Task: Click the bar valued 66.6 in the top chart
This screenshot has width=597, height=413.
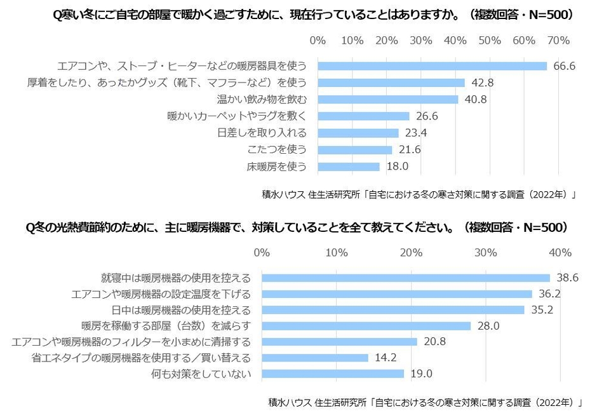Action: pyautogui.click(x=432, y=66)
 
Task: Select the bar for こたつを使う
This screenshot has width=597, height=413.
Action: pyautogui.click(x=354, y=150)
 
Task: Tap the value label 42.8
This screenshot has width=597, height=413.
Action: pyautogui.click(x=482, y=83)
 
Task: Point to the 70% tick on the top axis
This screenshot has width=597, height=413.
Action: pyautogui.click(x=558, y=41)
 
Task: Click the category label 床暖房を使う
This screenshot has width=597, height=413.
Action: pyautogui.click(x=276, y=167)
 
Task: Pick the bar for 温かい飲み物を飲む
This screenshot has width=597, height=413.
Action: pyautogui.click(x=387, y=100)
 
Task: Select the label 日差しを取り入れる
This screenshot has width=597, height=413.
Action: pyautogui.click(x=262, y=133)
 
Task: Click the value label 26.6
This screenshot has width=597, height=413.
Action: pyautogui.click(x=427, y=116)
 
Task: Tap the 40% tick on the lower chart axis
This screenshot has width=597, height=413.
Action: pyautogui.click(x=560, y=253)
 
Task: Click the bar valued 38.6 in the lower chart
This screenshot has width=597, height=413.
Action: pyautogui.click(x=405, y=278)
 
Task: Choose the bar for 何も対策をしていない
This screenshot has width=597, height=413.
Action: pyautogui.click(x=333, y=374)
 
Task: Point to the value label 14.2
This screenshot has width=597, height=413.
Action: pyautogui.click(x=386, y=358)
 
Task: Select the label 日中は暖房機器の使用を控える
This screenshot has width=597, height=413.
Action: pyautogui.click(x=181, y=310)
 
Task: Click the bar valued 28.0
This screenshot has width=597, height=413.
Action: pyautogui.click(x=366, y=326)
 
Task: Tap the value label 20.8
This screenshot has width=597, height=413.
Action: pyautogui.click(x=434, y=342)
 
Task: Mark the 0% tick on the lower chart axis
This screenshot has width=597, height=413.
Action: pyautogui.click(x=262, y=253)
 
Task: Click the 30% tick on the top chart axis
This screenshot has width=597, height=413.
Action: pyautogui.click(x=421, y=41)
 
